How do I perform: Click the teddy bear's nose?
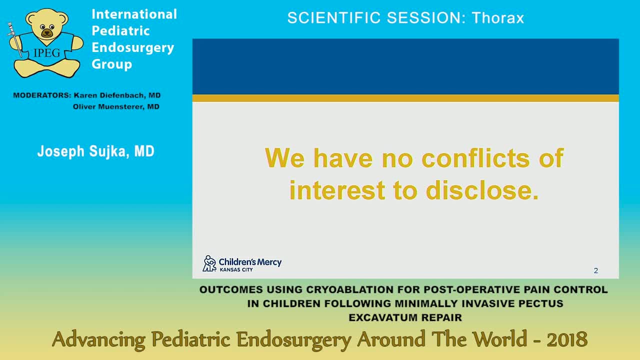(46, 33)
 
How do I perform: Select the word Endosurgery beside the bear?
(132, 47)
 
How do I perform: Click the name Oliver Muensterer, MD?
(116, 106)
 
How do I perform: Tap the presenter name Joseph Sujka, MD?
(95, 151)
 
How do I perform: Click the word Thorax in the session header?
(497, 18)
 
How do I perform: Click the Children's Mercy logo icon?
(209, 263)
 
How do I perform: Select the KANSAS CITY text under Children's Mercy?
(236, 269)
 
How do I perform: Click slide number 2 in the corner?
(595, 270)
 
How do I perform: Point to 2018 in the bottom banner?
(566, 340)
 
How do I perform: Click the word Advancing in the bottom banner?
(98, 340)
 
